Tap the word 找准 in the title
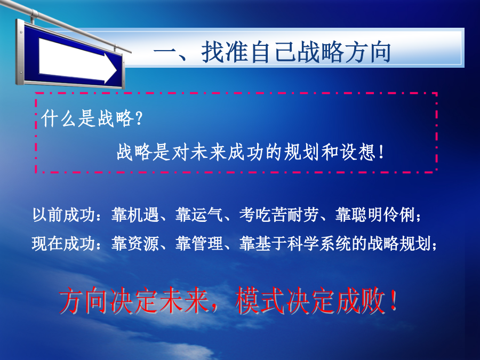click(x=225, y=52)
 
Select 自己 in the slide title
click(x=273, y=52)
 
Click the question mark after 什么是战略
click(x=139, y=118)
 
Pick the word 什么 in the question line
click(x=59, y=118)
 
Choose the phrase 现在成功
click(x=63, y=244)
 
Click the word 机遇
click(x=143, y=214)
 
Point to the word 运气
click(x=207, y=214)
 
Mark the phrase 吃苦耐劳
click(x=287, y=214)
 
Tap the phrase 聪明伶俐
click(x=382, y=214)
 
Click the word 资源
click(x=143, y=244)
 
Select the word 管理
click(x=207, y=244)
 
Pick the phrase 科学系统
click(x=319, y=244)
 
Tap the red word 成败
click(x=361, y=301)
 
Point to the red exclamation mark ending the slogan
click(x=394, y=301)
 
